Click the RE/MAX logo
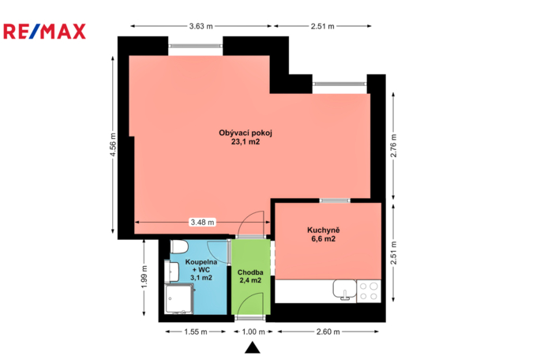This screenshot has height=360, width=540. pyautogui.click(x=46, y=31)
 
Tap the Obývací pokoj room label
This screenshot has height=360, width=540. pyautogui.click(x=245, y=137)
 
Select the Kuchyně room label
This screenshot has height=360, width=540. pyautogui.click(x=323, y=234)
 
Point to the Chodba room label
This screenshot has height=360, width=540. pyautogui.click(x=250, y=276)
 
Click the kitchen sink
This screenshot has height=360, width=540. pyautogui.click(x=342, y=291)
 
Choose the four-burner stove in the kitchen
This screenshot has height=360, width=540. pyautogui.click(x=368, y=291)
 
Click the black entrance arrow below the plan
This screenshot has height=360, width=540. pyautogui.click(x=252, y=347)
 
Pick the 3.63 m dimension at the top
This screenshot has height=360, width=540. pyautogui.click(x=201, y=26)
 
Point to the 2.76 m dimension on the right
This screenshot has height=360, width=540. pyautogui.click(x=392, y=148)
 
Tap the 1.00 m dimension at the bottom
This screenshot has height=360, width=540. pyautogui.click(x=253, y=332)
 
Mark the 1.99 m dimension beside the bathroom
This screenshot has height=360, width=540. pyautogui.click(x=144, y=281)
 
